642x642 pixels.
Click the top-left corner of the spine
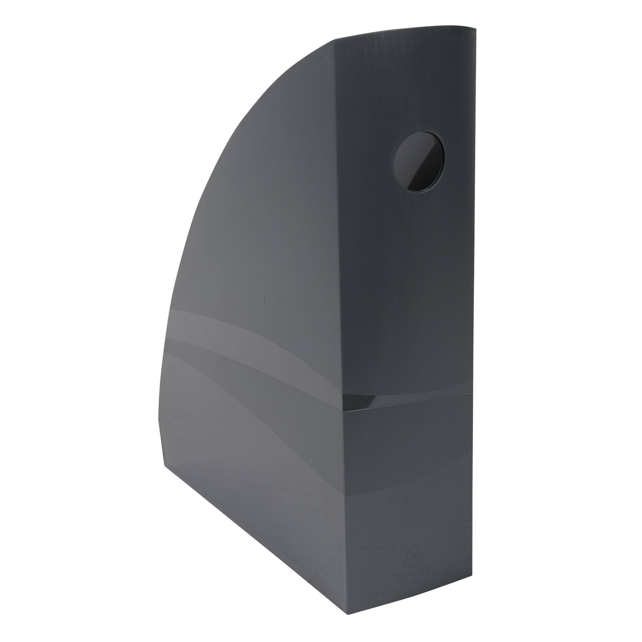click(x=334, y=41)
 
